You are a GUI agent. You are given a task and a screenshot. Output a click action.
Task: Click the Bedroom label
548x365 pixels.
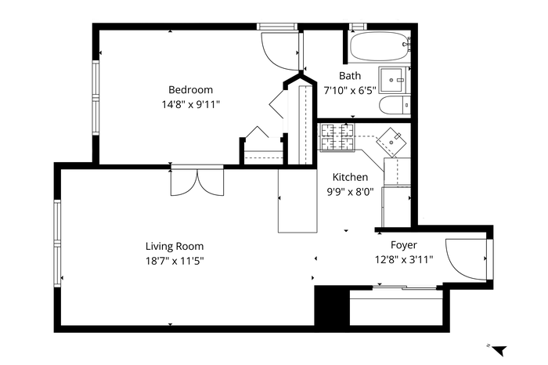point(190,90)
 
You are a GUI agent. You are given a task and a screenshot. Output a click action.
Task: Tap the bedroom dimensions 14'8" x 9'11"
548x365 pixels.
point(190,104)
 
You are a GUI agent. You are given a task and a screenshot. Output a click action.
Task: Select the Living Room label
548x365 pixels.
point(175,247)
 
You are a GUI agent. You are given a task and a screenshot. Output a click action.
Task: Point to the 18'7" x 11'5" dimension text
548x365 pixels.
point(175,261)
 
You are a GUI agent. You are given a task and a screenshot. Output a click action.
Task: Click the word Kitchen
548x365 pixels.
point(350,177)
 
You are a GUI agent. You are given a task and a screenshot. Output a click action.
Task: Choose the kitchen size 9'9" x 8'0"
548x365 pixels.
point(350,192)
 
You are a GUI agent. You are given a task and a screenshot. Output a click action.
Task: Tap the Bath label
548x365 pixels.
point(350,75)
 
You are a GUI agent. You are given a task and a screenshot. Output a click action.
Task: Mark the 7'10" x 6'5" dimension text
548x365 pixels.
point(350,91)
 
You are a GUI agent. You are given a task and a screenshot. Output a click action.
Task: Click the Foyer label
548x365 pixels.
point(404,245)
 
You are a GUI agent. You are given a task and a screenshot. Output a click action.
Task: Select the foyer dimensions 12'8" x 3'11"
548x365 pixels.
point(404,260)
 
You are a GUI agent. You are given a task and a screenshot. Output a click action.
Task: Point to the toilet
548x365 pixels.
point(395,105)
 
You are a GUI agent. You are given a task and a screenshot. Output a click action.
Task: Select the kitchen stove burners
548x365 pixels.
point(337,136)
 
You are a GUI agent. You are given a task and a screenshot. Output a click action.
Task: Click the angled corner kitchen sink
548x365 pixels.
point(391,143)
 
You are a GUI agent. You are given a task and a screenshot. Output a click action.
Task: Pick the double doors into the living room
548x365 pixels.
point(197,182)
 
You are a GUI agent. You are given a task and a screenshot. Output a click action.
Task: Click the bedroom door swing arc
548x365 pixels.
point(279,51)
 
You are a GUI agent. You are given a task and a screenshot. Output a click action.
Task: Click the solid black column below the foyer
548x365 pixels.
point(332,306)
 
